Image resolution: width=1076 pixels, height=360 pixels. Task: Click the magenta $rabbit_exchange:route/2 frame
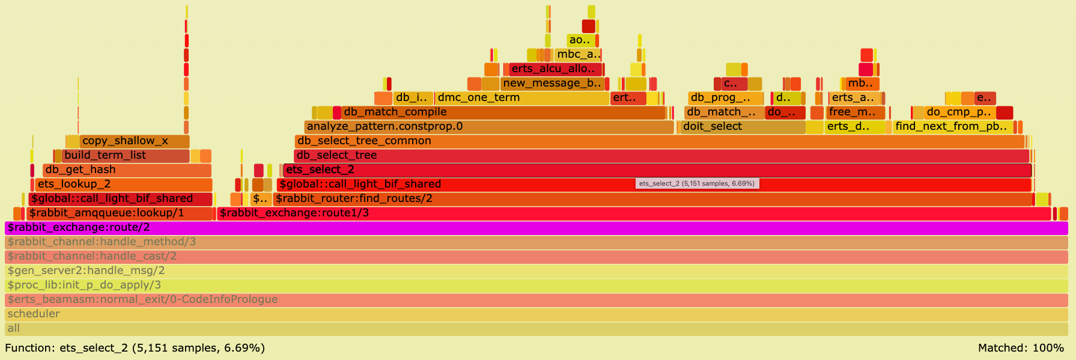536,228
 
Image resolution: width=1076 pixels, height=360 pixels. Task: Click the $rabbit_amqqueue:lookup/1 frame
120,213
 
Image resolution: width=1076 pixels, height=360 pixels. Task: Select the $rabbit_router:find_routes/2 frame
652,199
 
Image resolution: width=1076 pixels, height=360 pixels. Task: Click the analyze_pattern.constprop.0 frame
488,127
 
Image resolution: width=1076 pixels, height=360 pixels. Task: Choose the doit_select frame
743,127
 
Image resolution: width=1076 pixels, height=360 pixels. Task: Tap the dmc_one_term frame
521,98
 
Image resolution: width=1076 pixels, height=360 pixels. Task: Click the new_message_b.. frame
552,84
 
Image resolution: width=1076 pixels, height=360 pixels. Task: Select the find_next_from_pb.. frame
952,127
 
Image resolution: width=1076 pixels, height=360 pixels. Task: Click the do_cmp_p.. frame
959,112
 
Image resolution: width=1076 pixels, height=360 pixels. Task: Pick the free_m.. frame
855,112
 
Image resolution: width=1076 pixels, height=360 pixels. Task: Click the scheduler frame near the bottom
536,314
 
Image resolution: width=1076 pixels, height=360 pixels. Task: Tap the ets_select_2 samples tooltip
697,183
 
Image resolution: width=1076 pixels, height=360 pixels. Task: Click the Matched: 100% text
1021,348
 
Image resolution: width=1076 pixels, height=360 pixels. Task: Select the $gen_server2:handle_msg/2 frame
536,271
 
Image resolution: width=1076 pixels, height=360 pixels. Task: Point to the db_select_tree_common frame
659,141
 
